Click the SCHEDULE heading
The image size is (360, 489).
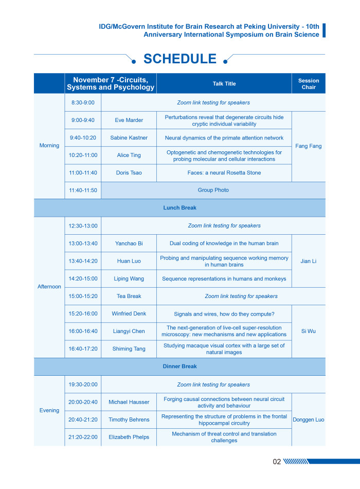179,59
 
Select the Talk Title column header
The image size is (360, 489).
224,83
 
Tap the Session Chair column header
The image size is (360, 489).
309,83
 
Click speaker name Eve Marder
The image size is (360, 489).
129,120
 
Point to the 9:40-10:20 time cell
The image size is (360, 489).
83,137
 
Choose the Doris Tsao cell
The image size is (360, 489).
129,172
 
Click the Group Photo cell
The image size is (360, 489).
213,190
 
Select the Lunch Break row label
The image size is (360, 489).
179,207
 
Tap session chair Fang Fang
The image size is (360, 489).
309,146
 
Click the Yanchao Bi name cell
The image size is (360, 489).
129,243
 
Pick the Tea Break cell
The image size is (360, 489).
129,296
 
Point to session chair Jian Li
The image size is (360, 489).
309,261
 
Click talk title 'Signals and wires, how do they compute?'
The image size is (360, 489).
224,313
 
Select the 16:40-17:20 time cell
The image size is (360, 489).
83,348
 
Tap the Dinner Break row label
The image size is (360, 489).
179,366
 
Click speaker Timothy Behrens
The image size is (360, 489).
129,420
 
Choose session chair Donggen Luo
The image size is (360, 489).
309,420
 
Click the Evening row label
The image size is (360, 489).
49,410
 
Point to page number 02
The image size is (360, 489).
277,462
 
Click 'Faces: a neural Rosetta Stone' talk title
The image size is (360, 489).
224,172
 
